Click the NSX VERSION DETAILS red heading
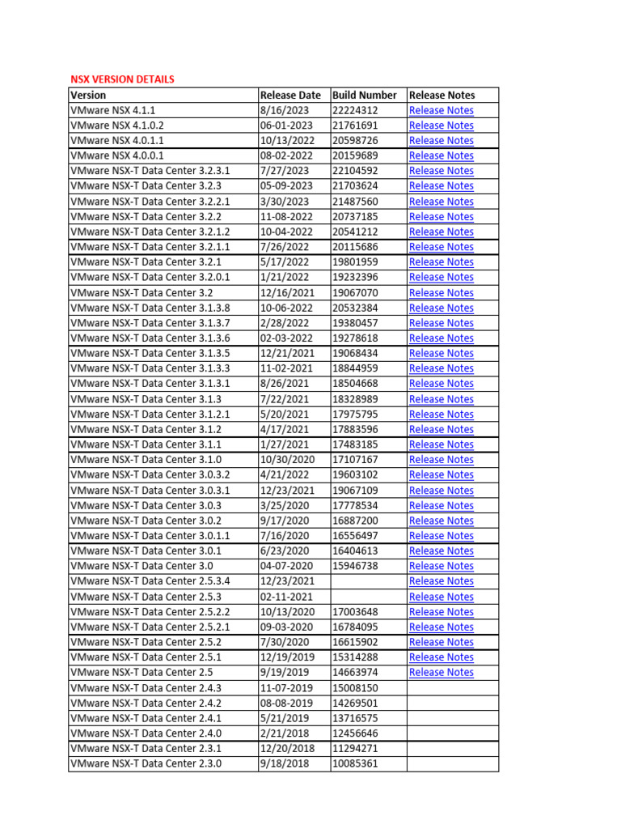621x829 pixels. [122, 79]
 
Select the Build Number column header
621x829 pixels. [365, 95]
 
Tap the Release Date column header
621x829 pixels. [290, 95]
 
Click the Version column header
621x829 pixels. [88, 95]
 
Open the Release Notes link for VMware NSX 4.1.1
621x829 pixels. [441, 110]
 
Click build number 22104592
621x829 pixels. [355, 171]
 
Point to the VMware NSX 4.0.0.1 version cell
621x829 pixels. [117, 155]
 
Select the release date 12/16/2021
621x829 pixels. [285, 292]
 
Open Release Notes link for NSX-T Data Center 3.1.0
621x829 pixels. [441, 460]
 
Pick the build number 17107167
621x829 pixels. [355, 460]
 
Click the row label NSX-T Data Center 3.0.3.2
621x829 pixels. [150, 474]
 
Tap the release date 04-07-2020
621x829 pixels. [285, 566]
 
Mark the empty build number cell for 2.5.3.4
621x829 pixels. [368, 581]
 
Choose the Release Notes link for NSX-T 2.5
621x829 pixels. [441, 673]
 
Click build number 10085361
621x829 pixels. [355, 763]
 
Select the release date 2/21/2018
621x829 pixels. [285, 733]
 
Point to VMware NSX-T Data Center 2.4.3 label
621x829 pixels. [146, 687]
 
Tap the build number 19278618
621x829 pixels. [355, 338]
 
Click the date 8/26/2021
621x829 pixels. [285, 384]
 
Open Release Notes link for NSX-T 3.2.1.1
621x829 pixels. [441, 247]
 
